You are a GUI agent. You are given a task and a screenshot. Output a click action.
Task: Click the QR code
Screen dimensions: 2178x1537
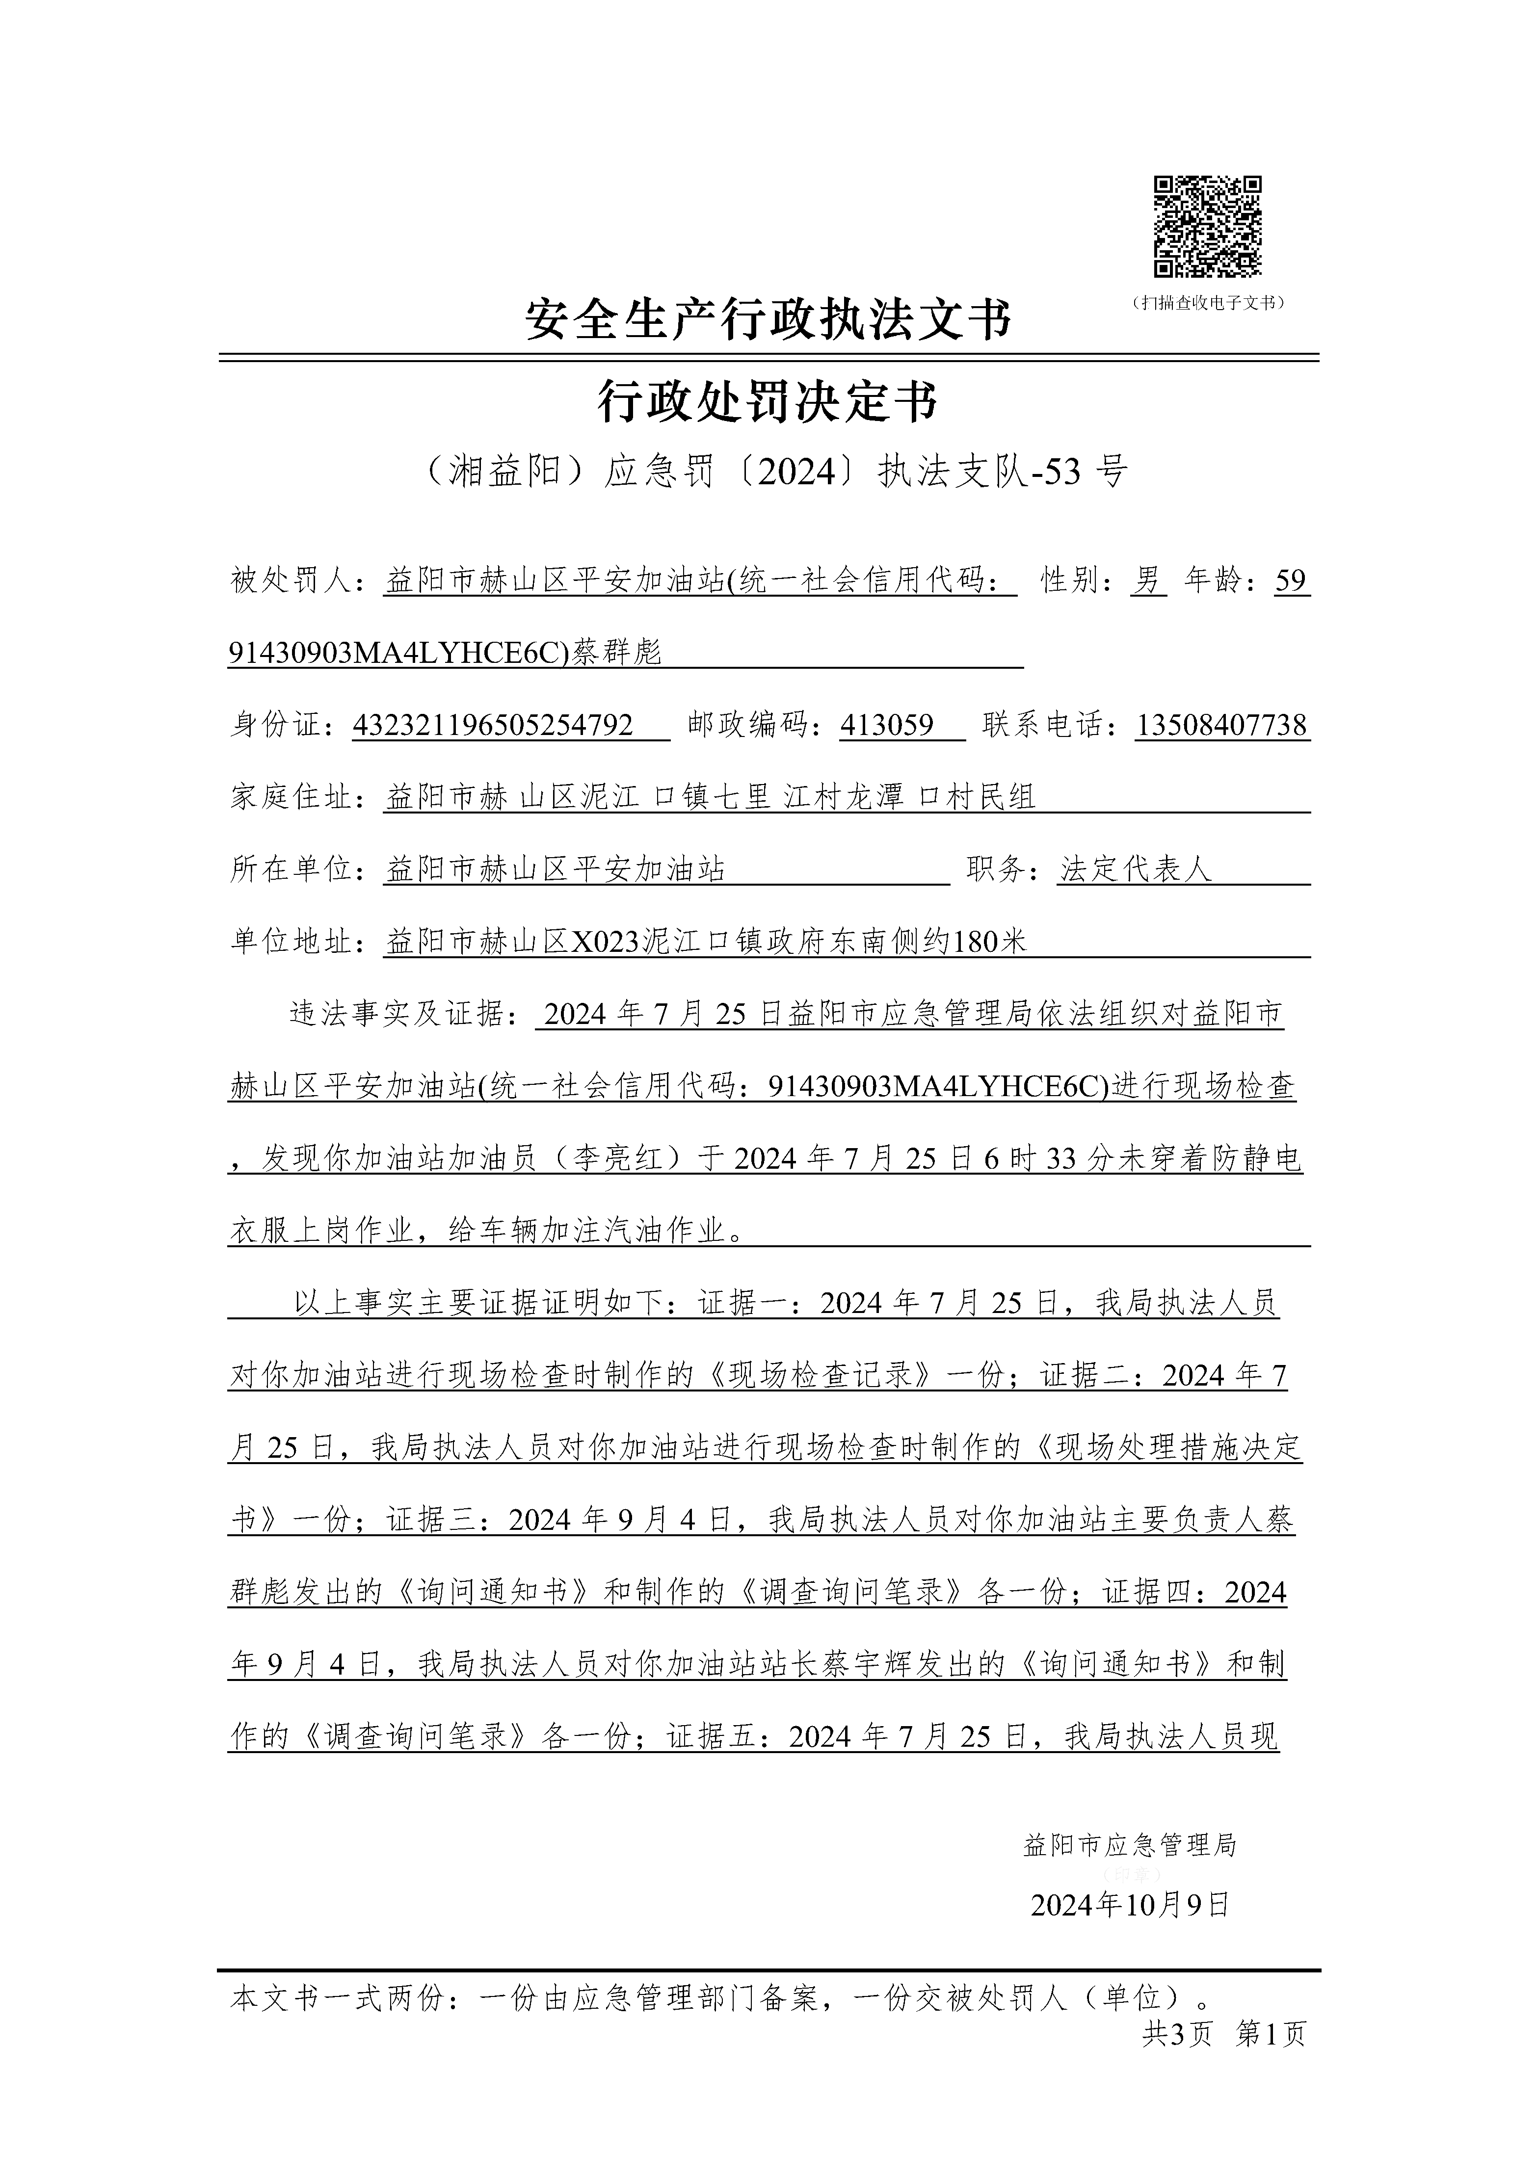(x=1207, y=228)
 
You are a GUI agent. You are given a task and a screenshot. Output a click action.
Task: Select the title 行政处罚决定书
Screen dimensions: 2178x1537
(x=768, y=401)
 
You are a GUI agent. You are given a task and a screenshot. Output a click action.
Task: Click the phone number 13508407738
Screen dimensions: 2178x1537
(x=1221, y=726)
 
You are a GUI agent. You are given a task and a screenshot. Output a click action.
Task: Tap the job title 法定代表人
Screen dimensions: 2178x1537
(x=1136, y=870)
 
